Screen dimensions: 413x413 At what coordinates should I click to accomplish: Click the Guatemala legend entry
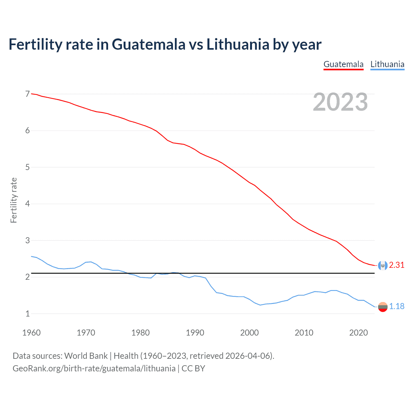click(x=343, y=64)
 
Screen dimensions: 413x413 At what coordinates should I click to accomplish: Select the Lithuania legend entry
click(x=387, y=64)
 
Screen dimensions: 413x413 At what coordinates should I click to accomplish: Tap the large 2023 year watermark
click(x=340, y=102)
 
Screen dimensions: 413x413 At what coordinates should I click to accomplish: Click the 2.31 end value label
click(x=397, y=265)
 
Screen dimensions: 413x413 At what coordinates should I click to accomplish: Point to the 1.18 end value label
click(x=397, y=306)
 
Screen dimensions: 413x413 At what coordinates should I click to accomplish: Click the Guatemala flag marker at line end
click(x=382, y=265)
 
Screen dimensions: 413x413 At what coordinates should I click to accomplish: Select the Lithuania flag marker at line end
click(x=382, y=307)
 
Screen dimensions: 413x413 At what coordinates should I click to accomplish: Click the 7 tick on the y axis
click(x=27, y=94)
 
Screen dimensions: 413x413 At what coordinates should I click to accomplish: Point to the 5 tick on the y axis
click(x=27, y=167)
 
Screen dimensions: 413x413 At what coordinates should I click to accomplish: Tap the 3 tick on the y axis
click(x=27, y=240)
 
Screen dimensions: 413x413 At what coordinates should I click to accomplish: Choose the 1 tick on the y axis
click(x=27, y=314)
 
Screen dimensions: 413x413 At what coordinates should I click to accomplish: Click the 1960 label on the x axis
click(x=31, y=333)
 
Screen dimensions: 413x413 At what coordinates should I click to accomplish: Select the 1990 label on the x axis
click(x=195, y=333)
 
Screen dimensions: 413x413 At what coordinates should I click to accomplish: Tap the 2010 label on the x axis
click(x=304, y=333)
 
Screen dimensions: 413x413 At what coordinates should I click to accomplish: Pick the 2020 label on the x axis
click(x=358, y=333)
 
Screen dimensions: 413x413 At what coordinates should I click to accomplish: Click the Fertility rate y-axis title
click(x=14, y=200)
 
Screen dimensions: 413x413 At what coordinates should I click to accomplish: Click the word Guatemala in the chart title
click(x=149, y=44)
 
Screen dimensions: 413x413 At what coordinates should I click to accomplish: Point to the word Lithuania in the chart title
click(x=237, y=44)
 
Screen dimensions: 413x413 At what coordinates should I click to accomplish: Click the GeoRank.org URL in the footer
click(x=94, y=368)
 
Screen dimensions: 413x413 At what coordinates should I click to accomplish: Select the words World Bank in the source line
click(x=86, y=356)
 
